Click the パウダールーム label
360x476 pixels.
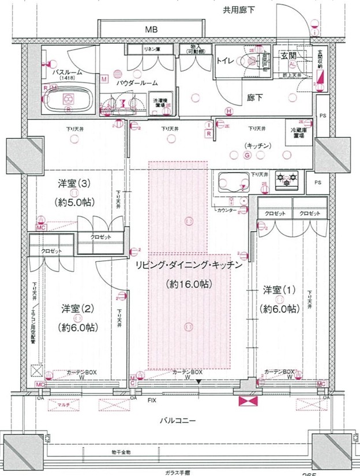coord(137,83)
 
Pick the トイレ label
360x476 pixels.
coord(225,60)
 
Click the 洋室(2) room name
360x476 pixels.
coord(77,309)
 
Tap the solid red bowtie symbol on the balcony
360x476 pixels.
coord(247,402)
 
